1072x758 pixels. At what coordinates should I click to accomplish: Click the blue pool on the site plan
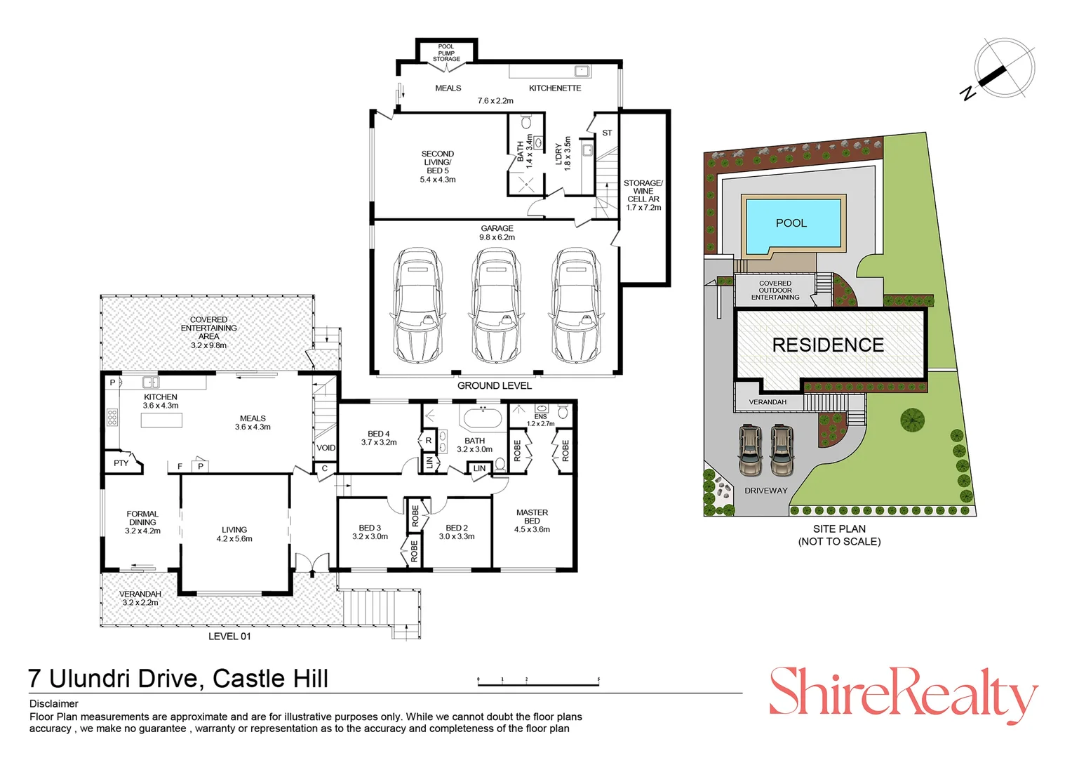[x=791, y=223]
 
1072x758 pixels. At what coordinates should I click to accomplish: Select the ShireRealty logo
[x=903, y=693]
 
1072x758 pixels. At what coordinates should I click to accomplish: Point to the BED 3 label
[x=370, y=532]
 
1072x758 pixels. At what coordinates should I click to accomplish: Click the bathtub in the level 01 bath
[x=482, y=420]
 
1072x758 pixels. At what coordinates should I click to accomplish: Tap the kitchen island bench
[x=161, y=420]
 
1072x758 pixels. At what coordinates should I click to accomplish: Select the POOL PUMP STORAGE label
[x=446, y=53]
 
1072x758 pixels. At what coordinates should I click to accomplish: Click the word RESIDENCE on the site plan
[x=828, y=345]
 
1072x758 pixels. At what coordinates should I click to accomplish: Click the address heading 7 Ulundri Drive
[x=178, y=679]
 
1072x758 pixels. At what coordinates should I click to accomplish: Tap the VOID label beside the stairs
[x=326, y=448]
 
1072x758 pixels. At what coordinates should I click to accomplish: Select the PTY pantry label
[x=121, y=463]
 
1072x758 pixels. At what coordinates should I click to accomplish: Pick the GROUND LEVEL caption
[x=494, y=385]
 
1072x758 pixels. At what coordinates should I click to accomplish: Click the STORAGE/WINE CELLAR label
[x=643, y=195]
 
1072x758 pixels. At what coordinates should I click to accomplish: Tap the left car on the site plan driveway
[x=750, y=450]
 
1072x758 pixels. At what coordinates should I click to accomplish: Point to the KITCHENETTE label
[x=555, y=88]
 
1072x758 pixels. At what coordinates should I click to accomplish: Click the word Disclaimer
[x=54, y=703]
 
